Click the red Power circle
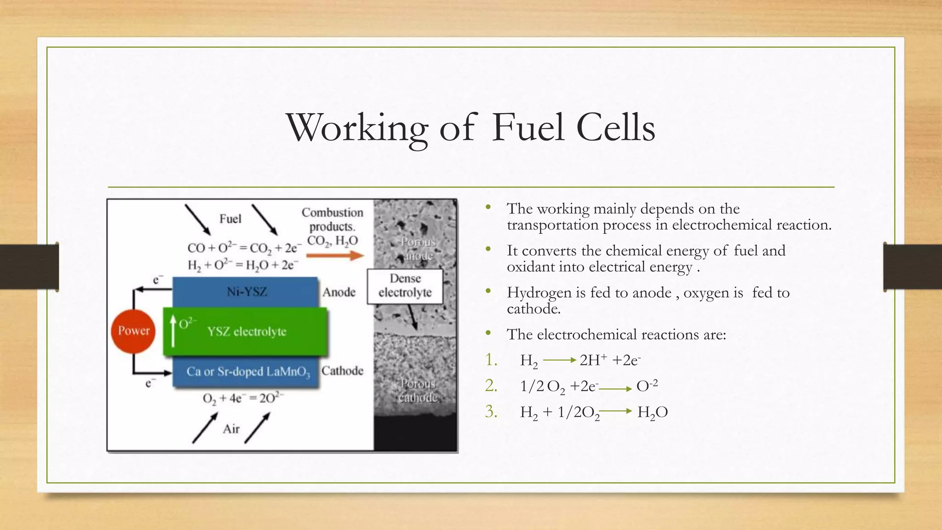(133, 331)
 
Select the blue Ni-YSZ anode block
(246, 292)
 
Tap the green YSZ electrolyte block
(246, 331)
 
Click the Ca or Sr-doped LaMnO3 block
(246, 372)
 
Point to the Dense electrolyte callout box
(405, 286)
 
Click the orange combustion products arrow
(335, 255)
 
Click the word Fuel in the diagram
(230, 219)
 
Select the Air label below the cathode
(231, 429)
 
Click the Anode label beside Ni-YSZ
(339, 292)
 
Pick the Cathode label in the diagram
(342, 371)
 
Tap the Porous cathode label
(418, 390)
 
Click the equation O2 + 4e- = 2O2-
(243, 398)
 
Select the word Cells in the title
(615, 128)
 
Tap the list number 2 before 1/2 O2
(491, 386)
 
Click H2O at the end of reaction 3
(652, 412)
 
